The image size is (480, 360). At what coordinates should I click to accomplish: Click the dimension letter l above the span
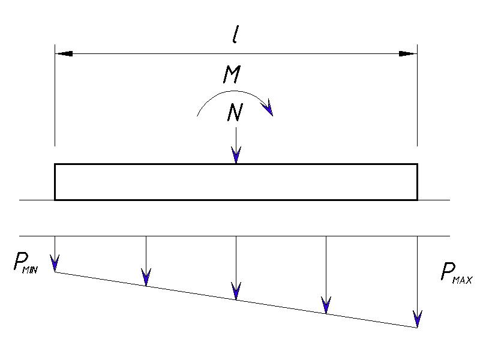pyautogui.click(x=235, y=35)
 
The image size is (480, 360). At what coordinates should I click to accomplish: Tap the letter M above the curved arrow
pyautogui.click(x=232, y=74)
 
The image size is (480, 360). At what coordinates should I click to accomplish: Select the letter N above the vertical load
pyautogui.click(x=235, y=112)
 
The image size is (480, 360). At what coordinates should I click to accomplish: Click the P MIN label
pyautogui.click(x=26, y=262)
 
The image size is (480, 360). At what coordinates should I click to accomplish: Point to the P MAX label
pyautogui.click(x=457, y=274)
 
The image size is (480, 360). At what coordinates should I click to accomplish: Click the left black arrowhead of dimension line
pyautogui.click(x=64, y=53)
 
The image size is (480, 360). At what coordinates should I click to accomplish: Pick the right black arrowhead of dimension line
pyautogui.click(x=408, y=53)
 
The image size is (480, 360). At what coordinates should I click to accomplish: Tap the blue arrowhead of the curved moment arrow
pyautogui.click(x=268, y=107)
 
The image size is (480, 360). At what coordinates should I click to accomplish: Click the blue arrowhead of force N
pyautogui.click(x=236, y=155)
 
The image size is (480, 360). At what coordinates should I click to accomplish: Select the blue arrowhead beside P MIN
pyautogui.click(x=55, y=263)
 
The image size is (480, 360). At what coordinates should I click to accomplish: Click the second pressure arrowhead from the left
pyautogui.click(x=146, y=277)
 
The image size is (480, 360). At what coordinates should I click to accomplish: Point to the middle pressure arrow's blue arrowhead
pyautogui.click(x=236, y=291)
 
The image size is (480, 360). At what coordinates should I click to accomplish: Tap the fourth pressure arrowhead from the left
pyautogui.click(x=326, y=305)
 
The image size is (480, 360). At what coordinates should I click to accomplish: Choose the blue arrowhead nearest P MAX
pyautogui.click(x=417, y=319)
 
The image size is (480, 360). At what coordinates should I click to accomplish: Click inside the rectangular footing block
pyautogui.click(x=236, y=182)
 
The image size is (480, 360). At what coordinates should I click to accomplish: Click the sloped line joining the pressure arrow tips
pyautogui.click(x=236, y=300)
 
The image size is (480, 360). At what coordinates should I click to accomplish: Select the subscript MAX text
pyautogui.click(x=463, y=280)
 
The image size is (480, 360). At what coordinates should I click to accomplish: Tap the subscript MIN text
pyautogui.click(x=30, y=269)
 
